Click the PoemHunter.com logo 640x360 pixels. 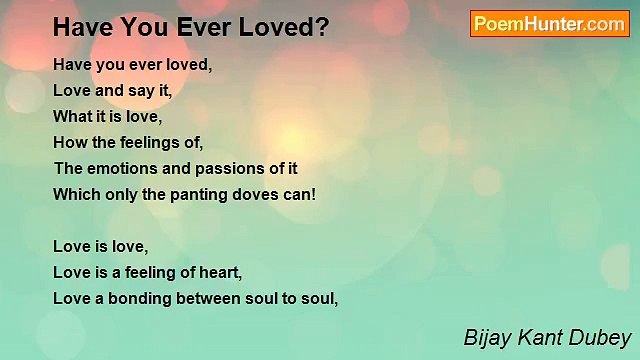click(x=549, y=24)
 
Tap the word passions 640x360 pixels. click(x=236, y=168)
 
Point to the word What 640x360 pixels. click(x=70, y=116)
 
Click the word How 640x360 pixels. click(x=67, y=142)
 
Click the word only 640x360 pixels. click(x=119, y=194)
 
